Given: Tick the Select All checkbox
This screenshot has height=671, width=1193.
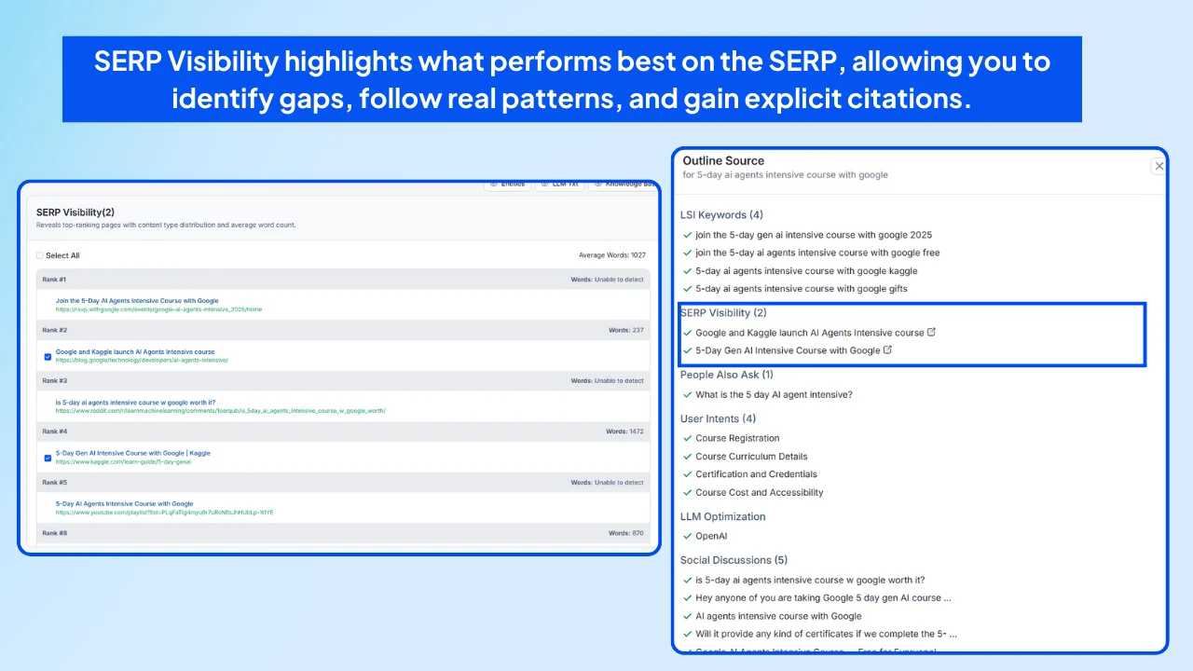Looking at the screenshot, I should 40,255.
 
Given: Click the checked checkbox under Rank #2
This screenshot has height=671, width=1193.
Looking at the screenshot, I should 48,356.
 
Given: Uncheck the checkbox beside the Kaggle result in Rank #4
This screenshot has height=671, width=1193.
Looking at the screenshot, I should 48,458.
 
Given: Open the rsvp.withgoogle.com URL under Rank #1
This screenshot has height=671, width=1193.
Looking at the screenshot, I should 158,309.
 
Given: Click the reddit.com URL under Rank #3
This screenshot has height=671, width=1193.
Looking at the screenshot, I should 220,410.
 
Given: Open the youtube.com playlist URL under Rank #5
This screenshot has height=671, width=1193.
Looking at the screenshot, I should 164,512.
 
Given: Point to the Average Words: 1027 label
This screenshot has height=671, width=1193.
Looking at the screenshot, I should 611,255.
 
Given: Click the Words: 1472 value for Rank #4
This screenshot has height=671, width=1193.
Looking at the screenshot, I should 624,431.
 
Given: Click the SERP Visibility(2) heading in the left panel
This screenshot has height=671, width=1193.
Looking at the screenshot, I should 75,212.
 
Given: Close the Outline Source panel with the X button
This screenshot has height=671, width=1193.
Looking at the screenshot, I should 1159,166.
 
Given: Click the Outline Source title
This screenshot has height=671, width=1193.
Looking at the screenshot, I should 723,160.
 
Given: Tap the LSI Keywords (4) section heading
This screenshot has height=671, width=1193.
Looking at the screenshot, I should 721,215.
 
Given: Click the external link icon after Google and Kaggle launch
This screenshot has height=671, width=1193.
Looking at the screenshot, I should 932,332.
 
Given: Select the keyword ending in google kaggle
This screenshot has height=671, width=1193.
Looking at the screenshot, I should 806,271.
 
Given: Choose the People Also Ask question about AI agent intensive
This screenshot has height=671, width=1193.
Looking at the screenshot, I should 774,395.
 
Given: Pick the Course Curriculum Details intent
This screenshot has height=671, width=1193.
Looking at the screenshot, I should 751,457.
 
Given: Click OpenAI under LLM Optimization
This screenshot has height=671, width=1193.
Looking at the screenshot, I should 711,536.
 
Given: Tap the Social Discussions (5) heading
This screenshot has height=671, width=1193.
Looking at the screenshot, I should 734,560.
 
